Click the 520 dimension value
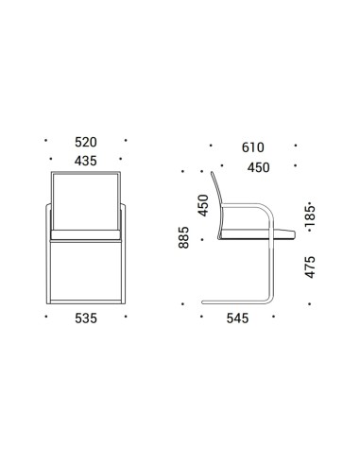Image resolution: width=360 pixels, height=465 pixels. click(86, 142)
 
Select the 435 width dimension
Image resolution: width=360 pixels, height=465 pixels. click(86, 161)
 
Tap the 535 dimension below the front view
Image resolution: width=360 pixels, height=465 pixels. click(86, 319)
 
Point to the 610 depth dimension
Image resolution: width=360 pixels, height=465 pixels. click(253, 147)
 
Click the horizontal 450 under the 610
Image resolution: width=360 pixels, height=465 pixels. click(258, 167)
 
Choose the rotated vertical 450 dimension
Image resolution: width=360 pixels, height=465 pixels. click(203, 205)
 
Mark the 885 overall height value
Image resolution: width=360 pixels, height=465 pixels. click(183, 237)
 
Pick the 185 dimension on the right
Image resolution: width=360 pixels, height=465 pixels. click(310, 216)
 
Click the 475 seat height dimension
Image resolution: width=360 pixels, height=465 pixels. click(310, 267)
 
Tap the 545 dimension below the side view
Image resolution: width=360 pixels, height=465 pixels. click(237, 319)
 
